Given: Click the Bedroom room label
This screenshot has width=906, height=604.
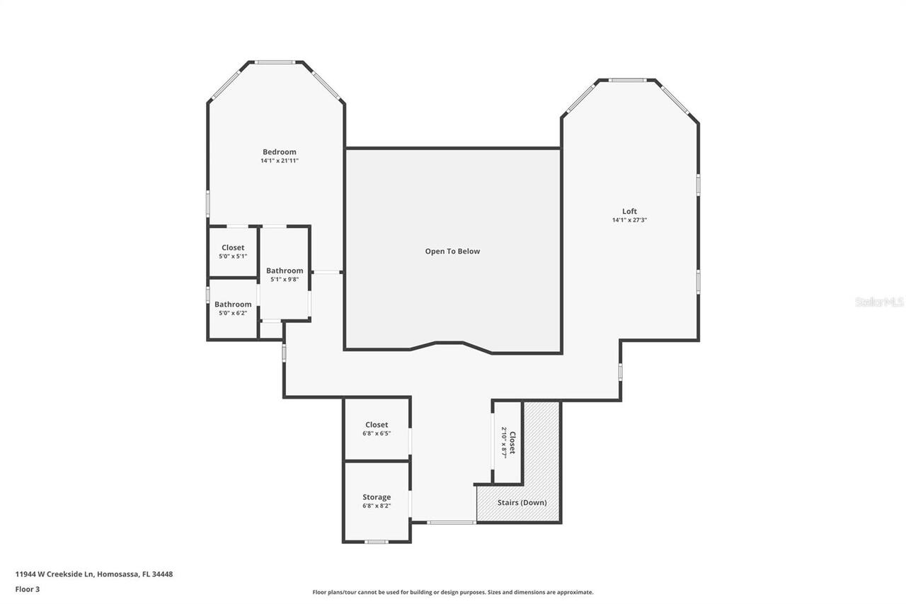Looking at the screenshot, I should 279,152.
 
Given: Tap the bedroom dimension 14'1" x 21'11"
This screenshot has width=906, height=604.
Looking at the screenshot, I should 279,161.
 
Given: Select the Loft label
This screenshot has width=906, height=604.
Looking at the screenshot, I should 629,211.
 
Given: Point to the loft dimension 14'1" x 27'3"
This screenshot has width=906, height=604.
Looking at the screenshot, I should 629,220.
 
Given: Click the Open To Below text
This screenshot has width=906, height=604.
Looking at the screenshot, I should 452,251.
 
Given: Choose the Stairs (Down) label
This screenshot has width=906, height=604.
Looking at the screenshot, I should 522,503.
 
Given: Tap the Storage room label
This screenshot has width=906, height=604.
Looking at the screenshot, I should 377,497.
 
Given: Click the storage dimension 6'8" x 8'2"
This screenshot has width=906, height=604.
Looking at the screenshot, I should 377,506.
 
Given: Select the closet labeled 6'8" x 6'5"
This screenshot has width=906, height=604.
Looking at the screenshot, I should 377,429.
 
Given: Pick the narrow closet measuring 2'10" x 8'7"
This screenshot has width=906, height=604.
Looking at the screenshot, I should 508,443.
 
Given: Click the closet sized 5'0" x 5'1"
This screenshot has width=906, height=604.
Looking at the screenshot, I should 233,252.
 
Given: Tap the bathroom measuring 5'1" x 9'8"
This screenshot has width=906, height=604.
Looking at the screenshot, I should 285,275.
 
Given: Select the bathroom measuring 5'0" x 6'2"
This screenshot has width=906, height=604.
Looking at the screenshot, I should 233,309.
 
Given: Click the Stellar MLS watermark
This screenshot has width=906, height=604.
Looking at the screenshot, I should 879,302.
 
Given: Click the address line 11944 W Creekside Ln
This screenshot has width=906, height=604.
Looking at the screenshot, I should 94,574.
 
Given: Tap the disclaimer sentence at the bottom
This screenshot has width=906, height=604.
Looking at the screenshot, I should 453,592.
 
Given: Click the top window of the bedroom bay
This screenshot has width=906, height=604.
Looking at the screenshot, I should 275,62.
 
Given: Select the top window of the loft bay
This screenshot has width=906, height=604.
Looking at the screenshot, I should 627,80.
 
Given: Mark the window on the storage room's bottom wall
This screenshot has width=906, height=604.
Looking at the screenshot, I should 377,542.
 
